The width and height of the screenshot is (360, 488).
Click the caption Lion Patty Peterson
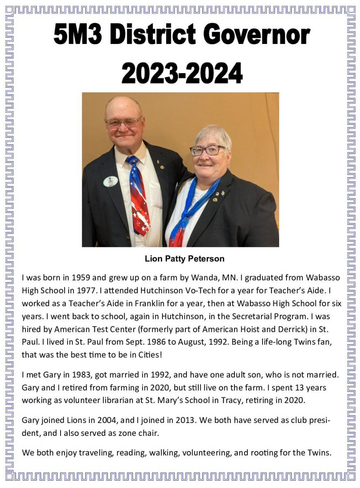184,259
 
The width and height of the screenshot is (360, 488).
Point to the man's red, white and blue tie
139,195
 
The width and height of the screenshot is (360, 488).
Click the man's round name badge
110,181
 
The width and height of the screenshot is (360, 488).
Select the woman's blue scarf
191,211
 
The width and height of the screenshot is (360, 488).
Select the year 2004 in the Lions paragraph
106,420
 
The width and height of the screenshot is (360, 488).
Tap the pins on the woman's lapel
219,194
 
